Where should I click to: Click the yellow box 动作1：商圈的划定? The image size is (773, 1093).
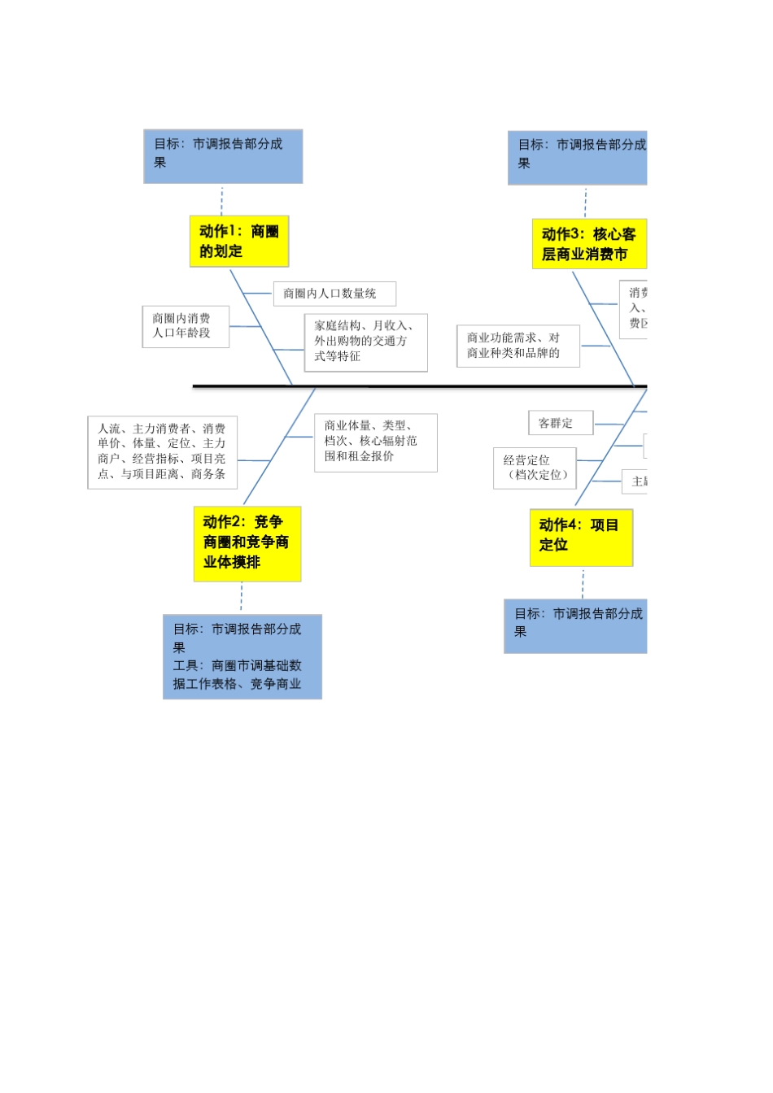pos(239,241)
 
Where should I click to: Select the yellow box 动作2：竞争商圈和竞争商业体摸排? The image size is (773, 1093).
pos(247,543)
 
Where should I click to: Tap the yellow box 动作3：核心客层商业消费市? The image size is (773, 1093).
pos(589,244)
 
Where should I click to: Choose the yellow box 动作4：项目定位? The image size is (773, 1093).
pos(581,537)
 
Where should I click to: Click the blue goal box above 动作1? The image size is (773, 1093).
pos(223,156)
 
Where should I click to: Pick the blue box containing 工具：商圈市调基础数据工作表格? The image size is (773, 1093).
pos(242,656)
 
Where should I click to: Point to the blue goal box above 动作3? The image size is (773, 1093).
pos(578,158)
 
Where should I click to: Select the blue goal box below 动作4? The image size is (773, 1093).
pos(576,625)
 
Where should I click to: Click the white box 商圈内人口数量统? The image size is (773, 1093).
pos(334,294)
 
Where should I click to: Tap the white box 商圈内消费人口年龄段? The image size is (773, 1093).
pos(186,326)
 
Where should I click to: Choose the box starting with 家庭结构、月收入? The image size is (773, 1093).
pos(365,342)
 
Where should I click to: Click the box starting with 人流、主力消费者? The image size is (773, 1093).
pos(163,452)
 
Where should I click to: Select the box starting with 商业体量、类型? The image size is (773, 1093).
pos(375,442)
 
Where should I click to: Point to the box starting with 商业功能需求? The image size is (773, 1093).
pos(518,346)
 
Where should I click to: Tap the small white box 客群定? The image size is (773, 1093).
pos(561,424)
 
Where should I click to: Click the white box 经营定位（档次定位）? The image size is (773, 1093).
pos(535,468)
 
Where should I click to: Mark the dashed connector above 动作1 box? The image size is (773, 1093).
pos(221,200)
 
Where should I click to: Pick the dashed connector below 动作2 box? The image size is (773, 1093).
pos(242,598)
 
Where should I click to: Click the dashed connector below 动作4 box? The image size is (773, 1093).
pos(583,583)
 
